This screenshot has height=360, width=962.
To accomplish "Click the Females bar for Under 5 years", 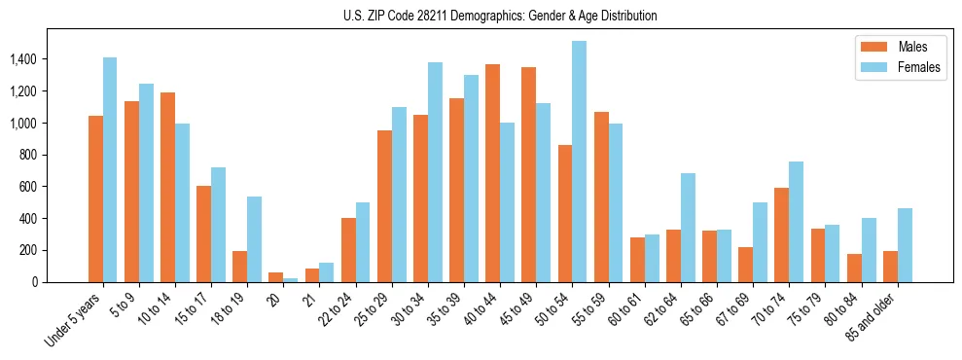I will (110, 169).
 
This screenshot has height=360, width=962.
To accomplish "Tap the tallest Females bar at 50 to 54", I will (579, 162).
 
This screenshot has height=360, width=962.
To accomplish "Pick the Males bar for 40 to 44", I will (493, 173).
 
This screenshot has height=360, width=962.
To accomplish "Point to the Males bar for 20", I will (276, 277).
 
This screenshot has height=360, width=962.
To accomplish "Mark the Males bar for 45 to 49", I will (529, 174).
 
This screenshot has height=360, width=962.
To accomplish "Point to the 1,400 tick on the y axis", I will (49, 59).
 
